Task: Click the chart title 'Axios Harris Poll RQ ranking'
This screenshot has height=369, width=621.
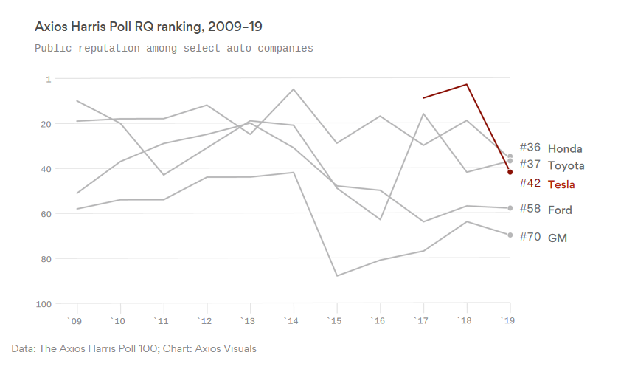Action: click(148, 27)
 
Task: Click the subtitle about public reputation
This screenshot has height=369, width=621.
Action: click(174, 48)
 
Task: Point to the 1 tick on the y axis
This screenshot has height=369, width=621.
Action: click(49, 78)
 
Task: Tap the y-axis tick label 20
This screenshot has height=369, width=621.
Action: click(46, 123)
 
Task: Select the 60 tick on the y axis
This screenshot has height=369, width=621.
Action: click(46, 213)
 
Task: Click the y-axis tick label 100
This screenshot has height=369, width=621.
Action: click(44, 303)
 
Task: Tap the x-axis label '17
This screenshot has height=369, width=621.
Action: click(422, 320)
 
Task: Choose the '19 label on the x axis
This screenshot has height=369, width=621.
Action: click(507, 320)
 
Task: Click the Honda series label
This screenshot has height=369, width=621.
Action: click(565, 148)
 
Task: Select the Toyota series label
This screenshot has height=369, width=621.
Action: click(566, 165)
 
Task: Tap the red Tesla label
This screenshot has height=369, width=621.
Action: click(561, 184)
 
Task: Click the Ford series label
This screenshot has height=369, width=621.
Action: click(560, 210)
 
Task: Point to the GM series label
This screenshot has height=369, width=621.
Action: click(558, 238)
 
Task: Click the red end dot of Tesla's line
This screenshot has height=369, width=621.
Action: click(510, 172)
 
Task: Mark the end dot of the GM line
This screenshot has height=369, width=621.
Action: click(510, 235)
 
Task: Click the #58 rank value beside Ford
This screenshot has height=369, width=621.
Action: click(530, 209)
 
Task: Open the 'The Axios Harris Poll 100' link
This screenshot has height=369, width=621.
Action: click(98, 348)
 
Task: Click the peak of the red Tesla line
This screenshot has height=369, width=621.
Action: click(467, 84)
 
